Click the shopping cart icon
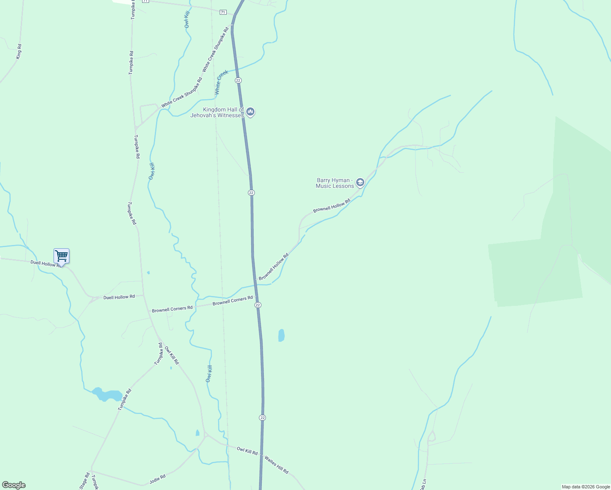pyautogui.click(x=61, y=256)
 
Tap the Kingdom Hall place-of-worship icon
pyautogui.click(x=251, y=111)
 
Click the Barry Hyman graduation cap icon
pyautogui.click(x=360, y=182)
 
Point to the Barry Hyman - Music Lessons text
pyautogui.click(x=335, y=183)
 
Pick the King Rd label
pyautogui.click(x=19, y=51)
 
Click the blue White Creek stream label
pyautogui.click(x=221, y=82)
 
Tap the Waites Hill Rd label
pyautogui.click(x=277, y=465)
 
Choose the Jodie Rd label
pyautogui.click(x=157, y=479)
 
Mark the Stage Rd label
pyautogui.click(x=85, y=481)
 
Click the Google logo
pyautogui.click(x=14, y=485)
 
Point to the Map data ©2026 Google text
pyautogui.click(x=586, y=487)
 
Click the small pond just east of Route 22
pyautogui.click(x=281, y=335)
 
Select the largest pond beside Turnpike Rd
pyautogui.click(x=107, y=395)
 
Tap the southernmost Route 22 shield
pyautogui.click(x=262, y=418)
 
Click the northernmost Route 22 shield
pyautogui.click(x=238, y=80)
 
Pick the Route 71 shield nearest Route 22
pyautogui.click(x=223, y=12)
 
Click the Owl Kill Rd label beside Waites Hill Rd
pyautogui.click(x=247, y=451)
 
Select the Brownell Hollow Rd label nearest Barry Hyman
pyautogui.click(x=332, y=206)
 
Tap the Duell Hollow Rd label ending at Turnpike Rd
pyautogui.click(x=119, y=297)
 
